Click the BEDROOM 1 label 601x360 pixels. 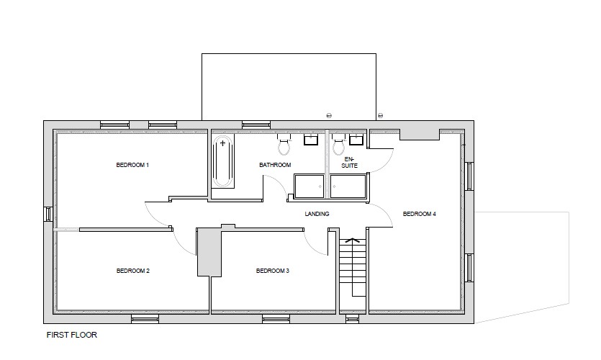[x=132, y=165]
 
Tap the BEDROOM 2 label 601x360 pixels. [x=132, y=271]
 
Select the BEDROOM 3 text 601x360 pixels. [x=272, y=271]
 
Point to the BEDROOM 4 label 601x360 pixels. [x=419, y=214]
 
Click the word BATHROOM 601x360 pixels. [x=275, y=165]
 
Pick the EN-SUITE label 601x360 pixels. [x=350, y=162]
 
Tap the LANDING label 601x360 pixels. [x=317, y=214]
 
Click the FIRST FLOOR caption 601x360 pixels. [x=71, y=335]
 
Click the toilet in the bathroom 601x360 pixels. [x=284, y=146]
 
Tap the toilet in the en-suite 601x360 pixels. [x=338, y=146]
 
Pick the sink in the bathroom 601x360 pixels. [x=312, y=140]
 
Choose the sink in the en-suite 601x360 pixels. [x=356, y=140]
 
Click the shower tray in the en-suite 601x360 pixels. [x=348, y=186]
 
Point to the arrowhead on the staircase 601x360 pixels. [x=352, y=240]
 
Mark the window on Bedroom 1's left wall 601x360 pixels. [x=48, y=214]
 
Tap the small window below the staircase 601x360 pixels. [x=352, y=318]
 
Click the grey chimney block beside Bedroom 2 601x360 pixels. [x=208, y=252]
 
